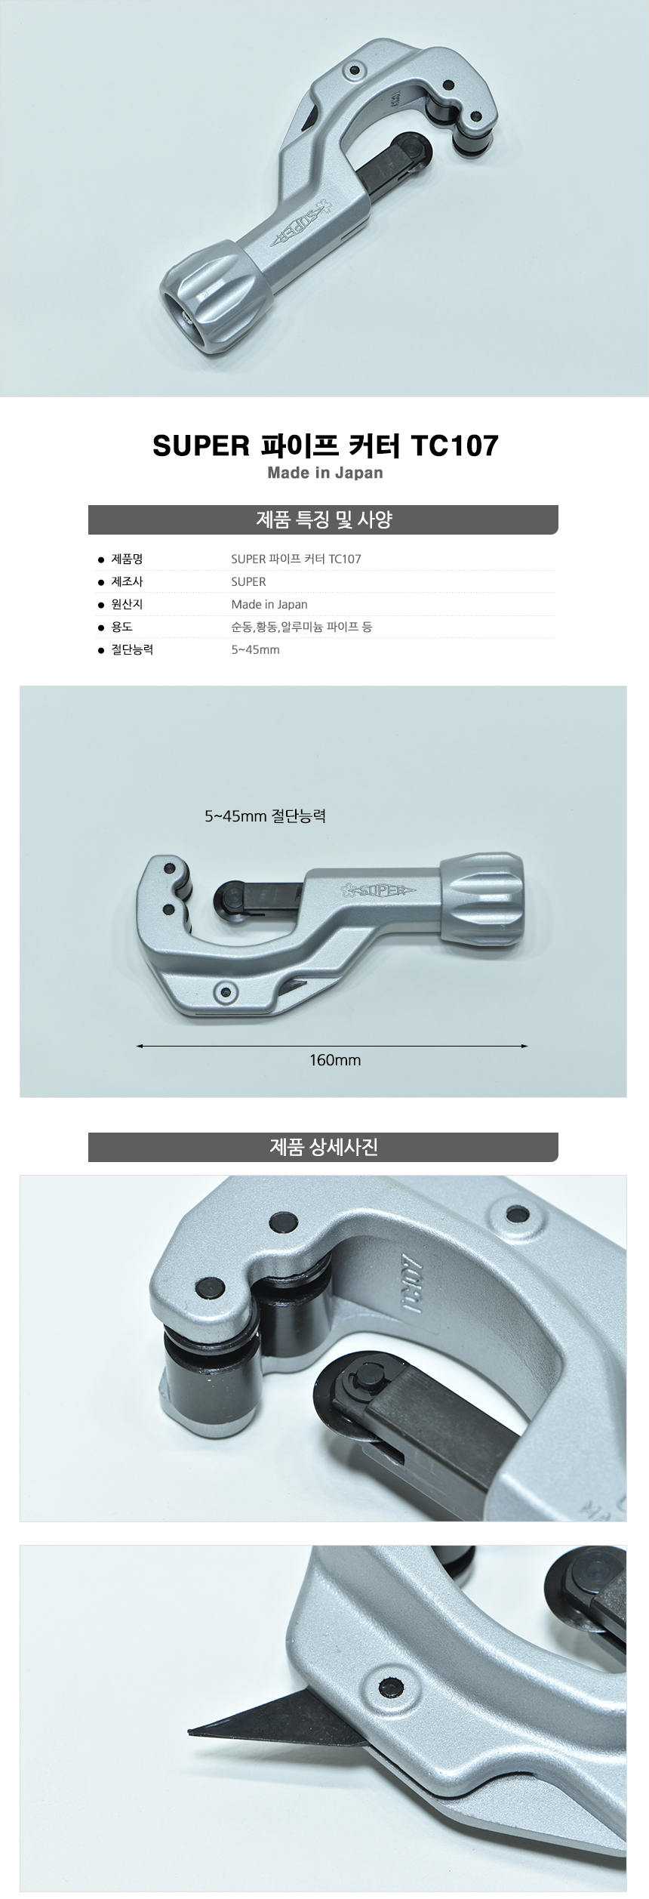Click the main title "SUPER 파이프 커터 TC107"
325,445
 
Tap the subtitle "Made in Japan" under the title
325,473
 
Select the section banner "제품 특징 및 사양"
323,519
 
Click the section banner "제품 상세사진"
323,1147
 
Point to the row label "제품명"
127,559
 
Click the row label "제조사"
127,581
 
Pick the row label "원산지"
127,604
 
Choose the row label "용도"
121,627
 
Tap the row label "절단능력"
132,649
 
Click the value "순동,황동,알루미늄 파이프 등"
302,627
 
